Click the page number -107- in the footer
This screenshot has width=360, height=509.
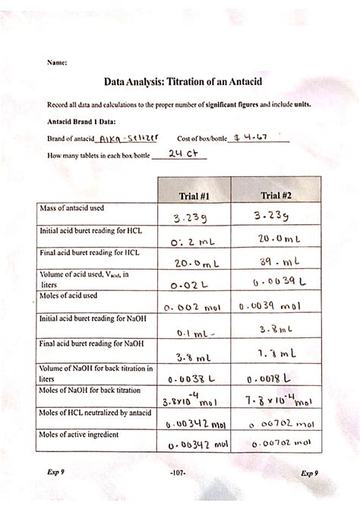[179, 473]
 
